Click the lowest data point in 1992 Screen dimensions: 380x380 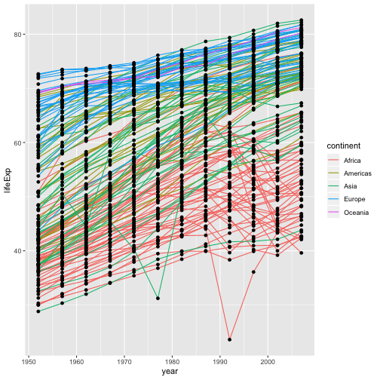click(x=229, y=339)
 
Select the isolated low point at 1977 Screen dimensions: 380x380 click(x=158, y=299)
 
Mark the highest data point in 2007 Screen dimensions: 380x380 click(x=301, y=20)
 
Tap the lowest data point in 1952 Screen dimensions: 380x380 click(x=38, y=311)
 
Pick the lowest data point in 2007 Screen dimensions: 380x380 click(x=301, y=253)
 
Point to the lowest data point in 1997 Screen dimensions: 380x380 click(x=253, y=271)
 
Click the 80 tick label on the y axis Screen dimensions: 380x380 click(x=19, y=35)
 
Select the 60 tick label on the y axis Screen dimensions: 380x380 click(x=19, y=142)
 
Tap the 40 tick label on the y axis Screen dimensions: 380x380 click(x=19, y=251)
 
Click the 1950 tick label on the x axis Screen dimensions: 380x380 click(x=28, y=360)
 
